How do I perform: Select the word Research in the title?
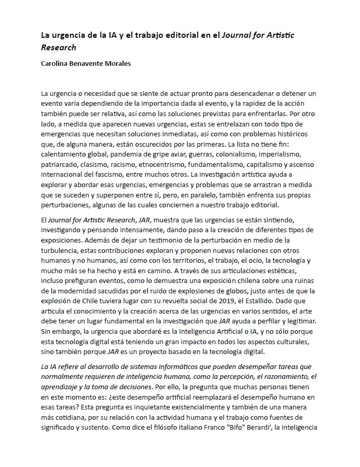coord(59,48)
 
